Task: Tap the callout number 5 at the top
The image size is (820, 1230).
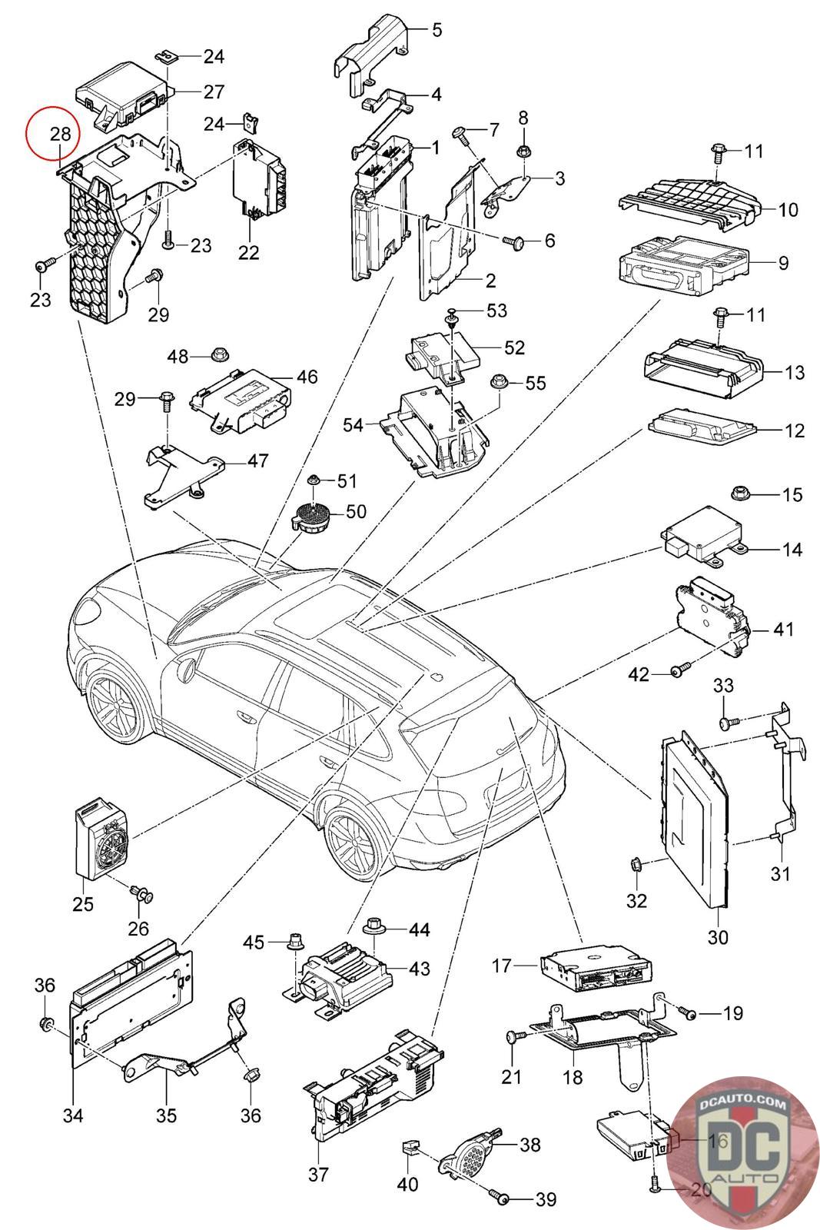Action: point(437,31)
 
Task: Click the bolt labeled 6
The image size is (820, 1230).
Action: point(514,242)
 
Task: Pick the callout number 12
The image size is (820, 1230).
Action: point(795,430)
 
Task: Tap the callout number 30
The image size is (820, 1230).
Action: point(719,937)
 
